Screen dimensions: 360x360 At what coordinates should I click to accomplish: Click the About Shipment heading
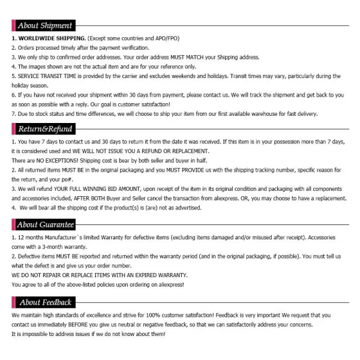point(44,26)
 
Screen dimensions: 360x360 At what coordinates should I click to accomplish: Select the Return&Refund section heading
point(45,129)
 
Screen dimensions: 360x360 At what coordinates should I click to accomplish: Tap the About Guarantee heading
point(46,225)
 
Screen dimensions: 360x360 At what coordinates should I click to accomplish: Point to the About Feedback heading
point(45,302)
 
